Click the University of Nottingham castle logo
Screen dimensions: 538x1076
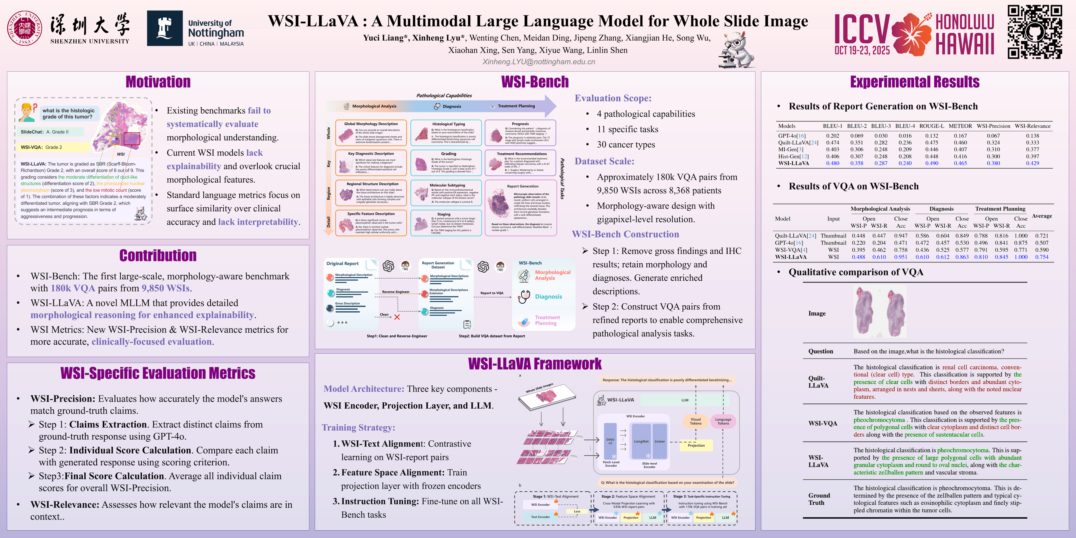click(x=165, y=28)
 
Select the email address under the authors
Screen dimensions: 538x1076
click(x=538, y=62)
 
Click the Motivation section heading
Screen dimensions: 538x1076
click(x=158, y=82)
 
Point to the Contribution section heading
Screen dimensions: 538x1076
click(x=158, y=255)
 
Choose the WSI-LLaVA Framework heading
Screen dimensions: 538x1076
click(x=535, y=364)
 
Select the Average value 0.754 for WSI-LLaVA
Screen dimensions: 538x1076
click(x=1041, y=257)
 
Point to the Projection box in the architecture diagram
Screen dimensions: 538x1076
click(x=696, y=445)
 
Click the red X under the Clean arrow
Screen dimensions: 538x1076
click(x=397, y=317)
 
